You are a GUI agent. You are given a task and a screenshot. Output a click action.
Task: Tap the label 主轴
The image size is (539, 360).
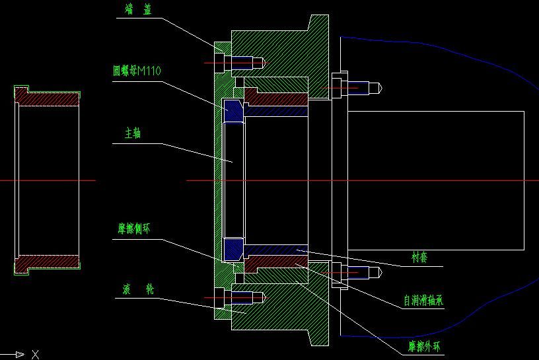pyautogui.click(x=133, y=133)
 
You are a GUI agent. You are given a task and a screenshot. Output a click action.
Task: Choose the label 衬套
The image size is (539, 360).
pyautogui.click(x=419, y=257)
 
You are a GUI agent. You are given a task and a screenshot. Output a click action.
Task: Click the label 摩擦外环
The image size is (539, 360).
pyautogui.click(x=423, y=345)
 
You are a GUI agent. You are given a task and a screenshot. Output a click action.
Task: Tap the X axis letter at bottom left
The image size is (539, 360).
pyautogui.click(x=35, y=355)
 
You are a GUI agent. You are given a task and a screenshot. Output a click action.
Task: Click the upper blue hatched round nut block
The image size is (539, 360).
pyautogui.click(x=234, y=111)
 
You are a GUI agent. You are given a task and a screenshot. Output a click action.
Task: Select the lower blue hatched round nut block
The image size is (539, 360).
pyautogui.click(x=234, y=249)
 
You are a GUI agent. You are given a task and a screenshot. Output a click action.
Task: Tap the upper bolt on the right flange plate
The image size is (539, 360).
pyautogui.click(x=357, y=87)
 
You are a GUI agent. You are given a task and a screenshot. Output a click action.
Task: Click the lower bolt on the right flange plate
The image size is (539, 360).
pyautogui.click(x=357, y=272)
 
